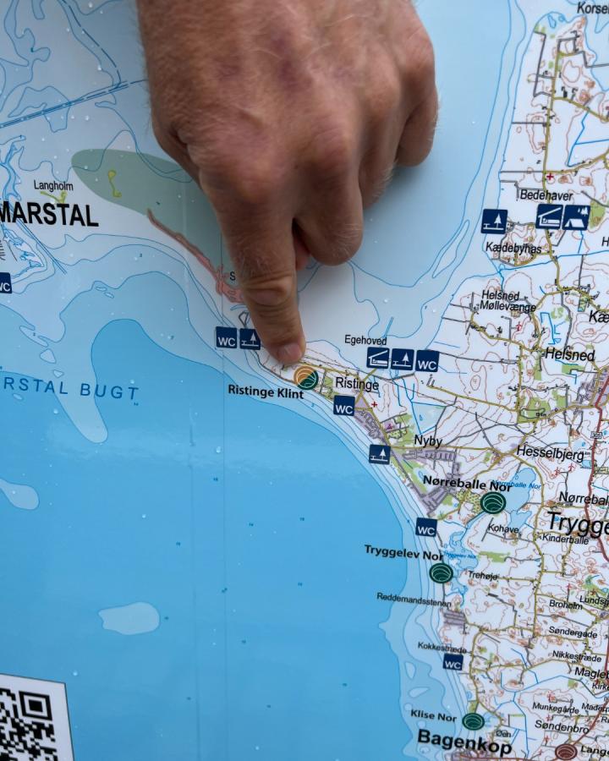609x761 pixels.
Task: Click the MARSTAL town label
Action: pyautogui.click(x=49, y=215)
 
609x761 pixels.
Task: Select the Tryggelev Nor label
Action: pyautogui.click(x=403, y=550)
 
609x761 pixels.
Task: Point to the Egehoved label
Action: pyautogui.click(x=365, y=340)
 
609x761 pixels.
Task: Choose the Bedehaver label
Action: pyautogui.click(x=546, y=194)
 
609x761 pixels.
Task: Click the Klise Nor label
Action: pyautogui.click(x=434, y=714)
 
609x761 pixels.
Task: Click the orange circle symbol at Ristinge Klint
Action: pyautogui.click(x=306, y=377)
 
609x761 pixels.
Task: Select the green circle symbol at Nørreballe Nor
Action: pyautogui.click(x=493, y=503)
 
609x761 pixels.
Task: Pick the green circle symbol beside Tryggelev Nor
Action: pyautogui.click(x=441, y=572)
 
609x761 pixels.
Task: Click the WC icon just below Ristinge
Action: pyautogui.click(x=343, y=406)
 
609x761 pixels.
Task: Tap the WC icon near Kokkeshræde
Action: pyautogui.click(x=453, y=661)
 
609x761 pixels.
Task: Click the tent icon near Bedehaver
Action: pyautogui.click(x=576, y=217)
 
